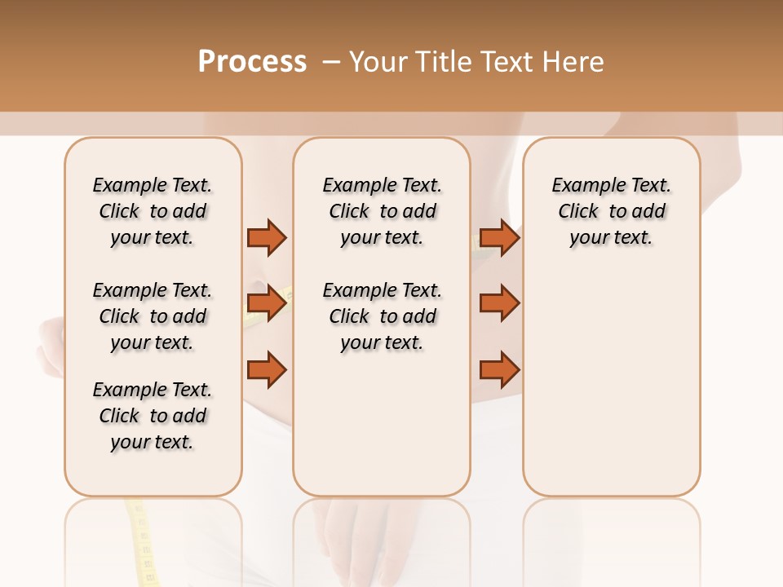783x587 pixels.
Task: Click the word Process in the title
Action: tap(252, 62)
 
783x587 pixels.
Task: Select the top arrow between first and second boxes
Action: tap(267, 238)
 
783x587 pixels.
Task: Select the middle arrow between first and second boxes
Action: tap(267, 304)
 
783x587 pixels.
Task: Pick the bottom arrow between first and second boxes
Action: tap(267, 370)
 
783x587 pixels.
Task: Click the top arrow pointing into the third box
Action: tap(499, 238)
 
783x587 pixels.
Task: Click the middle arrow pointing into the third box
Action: tap(499, 304)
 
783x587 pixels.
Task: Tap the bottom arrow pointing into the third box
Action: tap(499, 370)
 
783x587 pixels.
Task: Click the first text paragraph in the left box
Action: tap(153, 211)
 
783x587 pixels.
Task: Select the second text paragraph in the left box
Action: tap(153, 316)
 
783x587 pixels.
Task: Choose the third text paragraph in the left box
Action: tap(153, 416)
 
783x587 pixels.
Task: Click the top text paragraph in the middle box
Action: tap(382, 211)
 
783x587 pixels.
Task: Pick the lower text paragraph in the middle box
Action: tap(382, 316)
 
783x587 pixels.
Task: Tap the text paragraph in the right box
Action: tap(612, 211)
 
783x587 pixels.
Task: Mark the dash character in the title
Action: tap(331, 62)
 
